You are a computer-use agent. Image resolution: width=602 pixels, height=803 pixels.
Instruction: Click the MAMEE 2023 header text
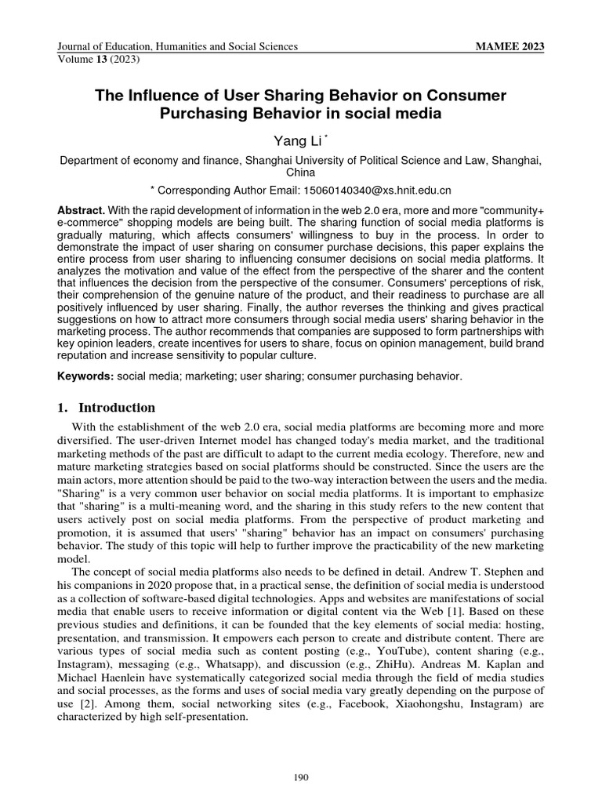[510, 47]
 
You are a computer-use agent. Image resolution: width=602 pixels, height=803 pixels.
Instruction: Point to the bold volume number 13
[100, 59]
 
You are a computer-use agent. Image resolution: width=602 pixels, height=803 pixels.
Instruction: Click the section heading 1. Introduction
[107, 408]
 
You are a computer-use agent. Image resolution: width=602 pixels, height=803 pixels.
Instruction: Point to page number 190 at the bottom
[301, 778]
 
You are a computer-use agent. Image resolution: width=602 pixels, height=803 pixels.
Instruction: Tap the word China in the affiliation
[300, 172]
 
